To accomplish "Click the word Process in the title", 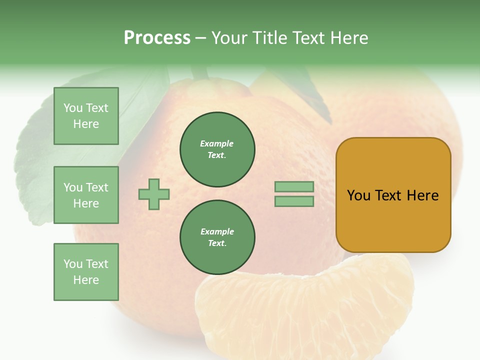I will click(x=157, y=38).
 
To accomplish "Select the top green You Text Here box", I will click(x=86, y=116).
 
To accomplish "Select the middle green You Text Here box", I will click(x=86, y=195).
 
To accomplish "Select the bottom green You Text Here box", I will click(x=86, y=271).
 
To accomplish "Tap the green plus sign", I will click(x=154, y=194).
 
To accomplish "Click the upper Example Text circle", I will click(x=217, y=149).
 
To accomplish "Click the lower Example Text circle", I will click(x=217, y=237).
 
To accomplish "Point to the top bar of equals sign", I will click(x=294, y=187).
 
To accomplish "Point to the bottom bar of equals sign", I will click(x=294, y=201).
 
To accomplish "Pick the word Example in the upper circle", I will click(x=217, y=143).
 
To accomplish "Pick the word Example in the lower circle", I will click(x=217, y=231).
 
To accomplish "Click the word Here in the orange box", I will click(x=422, y=195).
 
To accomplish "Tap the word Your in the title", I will click(x=228, y=38).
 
